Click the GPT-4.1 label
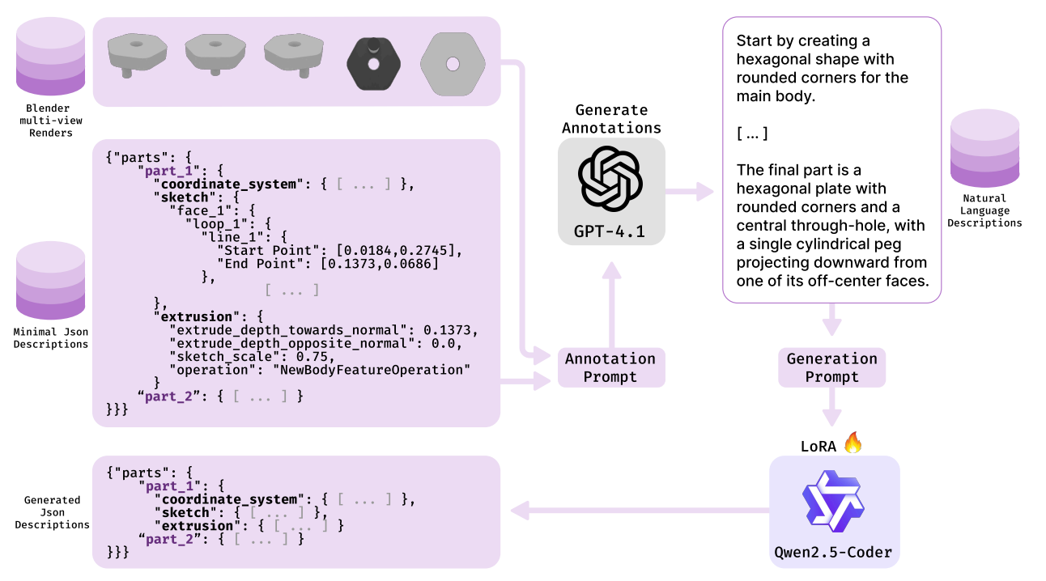tap(610, 231)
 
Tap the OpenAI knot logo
tap(610, 179)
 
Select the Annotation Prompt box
tap(611, 367)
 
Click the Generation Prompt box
tap(832, 367)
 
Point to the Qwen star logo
tap(834, 502)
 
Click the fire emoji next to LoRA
tap(853, 443)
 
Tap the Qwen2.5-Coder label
tap(833, 553)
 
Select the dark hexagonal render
tap(373, 64)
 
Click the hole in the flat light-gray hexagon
tap(453, 64)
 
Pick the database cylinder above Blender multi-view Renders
tap(50, 57)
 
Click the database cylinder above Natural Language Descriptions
tap(984, 148)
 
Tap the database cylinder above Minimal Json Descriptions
tap(50, 281)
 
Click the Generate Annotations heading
tap(611, 119)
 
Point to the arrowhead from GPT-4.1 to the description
tap(705, 191)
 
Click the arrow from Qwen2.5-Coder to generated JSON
tap(640, 511)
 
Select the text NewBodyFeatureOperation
tap(372, 370)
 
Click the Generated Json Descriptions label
tap(52, 512)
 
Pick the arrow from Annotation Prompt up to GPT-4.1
tap(611, 305)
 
